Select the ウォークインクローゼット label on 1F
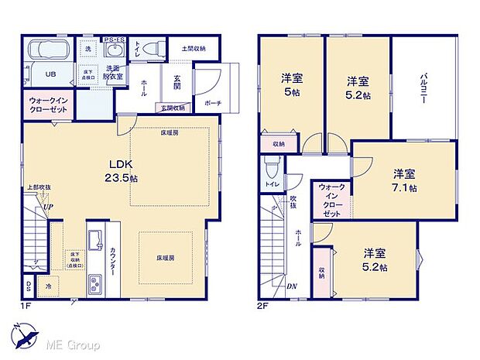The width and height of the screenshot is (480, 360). click(x=49, y=106)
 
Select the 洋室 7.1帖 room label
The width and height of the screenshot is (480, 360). click(x=403, y=179)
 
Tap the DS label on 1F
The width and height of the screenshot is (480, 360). click(x=29, y=286)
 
